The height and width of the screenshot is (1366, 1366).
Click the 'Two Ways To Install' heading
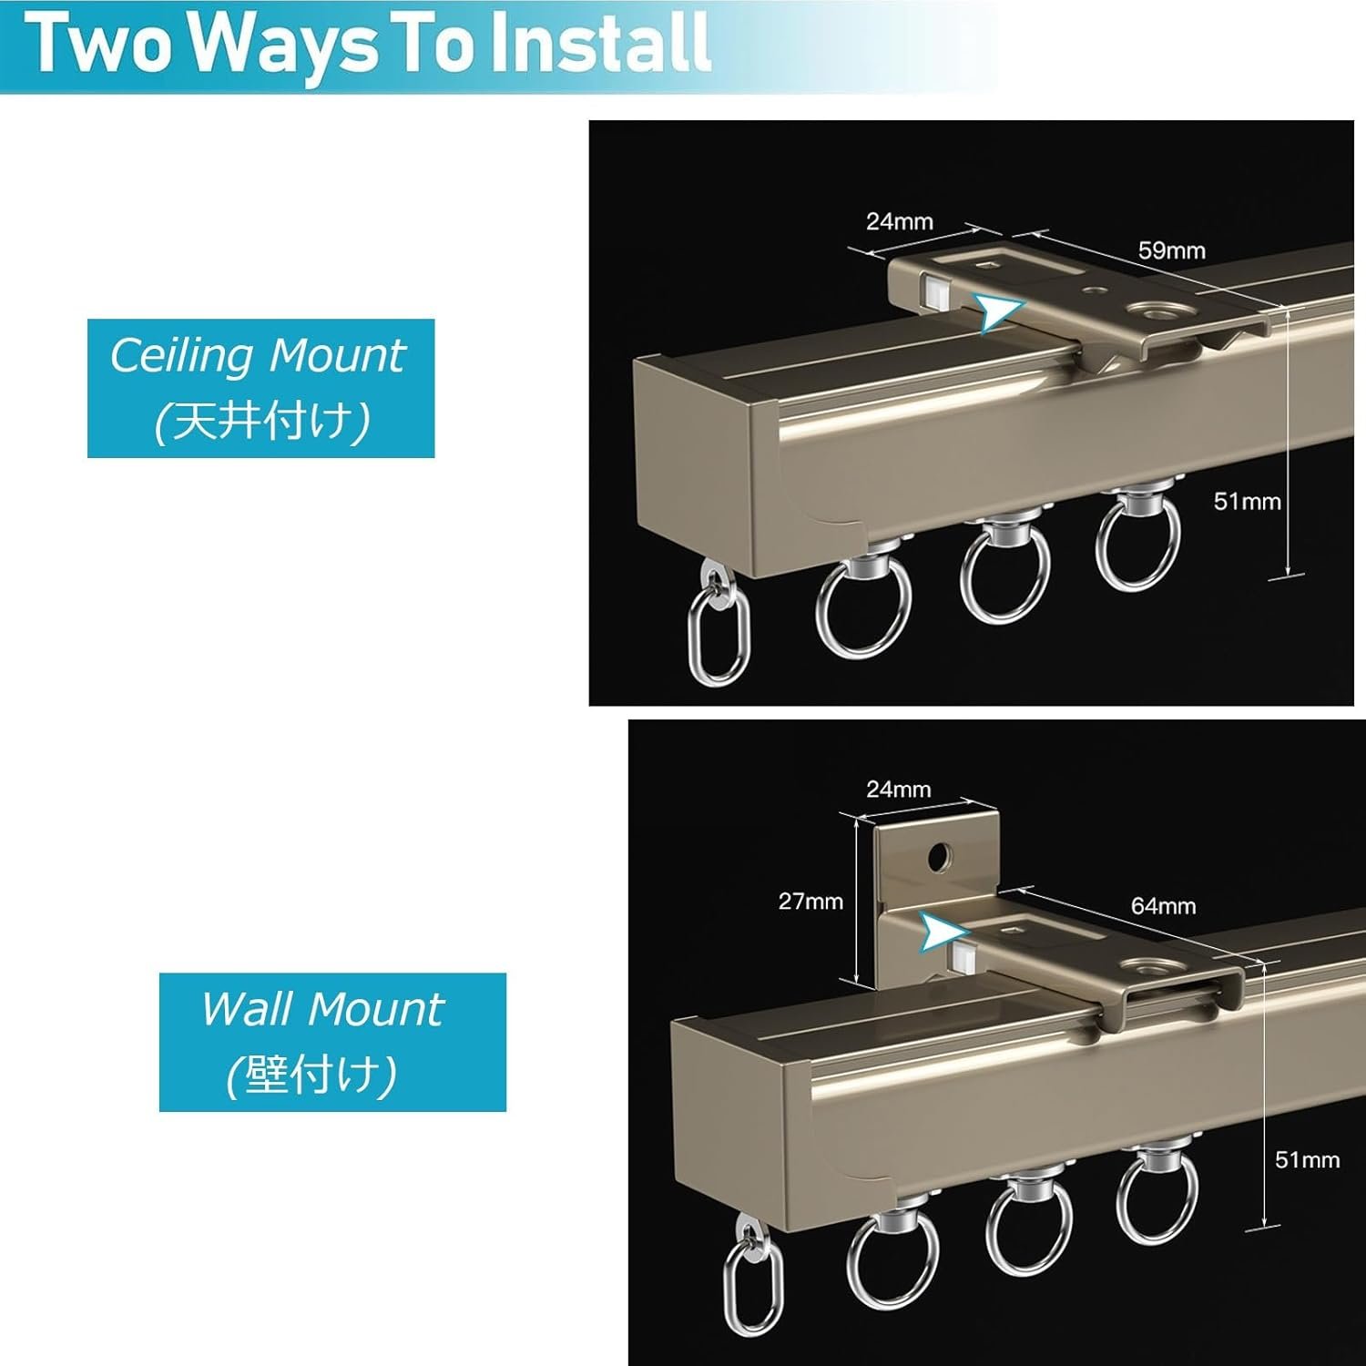[x=370, y=44]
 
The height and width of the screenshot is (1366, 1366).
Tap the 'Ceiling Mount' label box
[x=260, y=388]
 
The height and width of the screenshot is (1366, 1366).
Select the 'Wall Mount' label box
[x=332, y=1042]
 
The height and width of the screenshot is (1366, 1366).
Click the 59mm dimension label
[x=1172, y=250]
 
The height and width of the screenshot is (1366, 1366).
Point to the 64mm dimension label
[x=1164, y=905]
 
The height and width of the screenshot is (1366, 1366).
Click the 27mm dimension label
[x=810, y=901]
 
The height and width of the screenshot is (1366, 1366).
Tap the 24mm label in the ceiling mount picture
[x=899, y=221]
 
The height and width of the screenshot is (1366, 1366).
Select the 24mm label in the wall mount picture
[x=899, y=789]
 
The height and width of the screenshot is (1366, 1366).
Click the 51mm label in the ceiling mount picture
[x=1248, y=501]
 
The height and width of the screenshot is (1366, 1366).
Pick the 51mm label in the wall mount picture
[x=1308, y=1159]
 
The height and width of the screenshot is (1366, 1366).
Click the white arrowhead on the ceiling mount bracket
[x=999, y=311]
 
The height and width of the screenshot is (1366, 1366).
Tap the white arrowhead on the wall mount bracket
[x=941, y=933]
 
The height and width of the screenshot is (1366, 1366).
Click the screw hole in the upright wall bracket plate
[x=939, y=856]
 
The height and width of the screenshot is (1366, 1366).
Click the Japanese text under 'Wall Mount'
[x=311, y=1075]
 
